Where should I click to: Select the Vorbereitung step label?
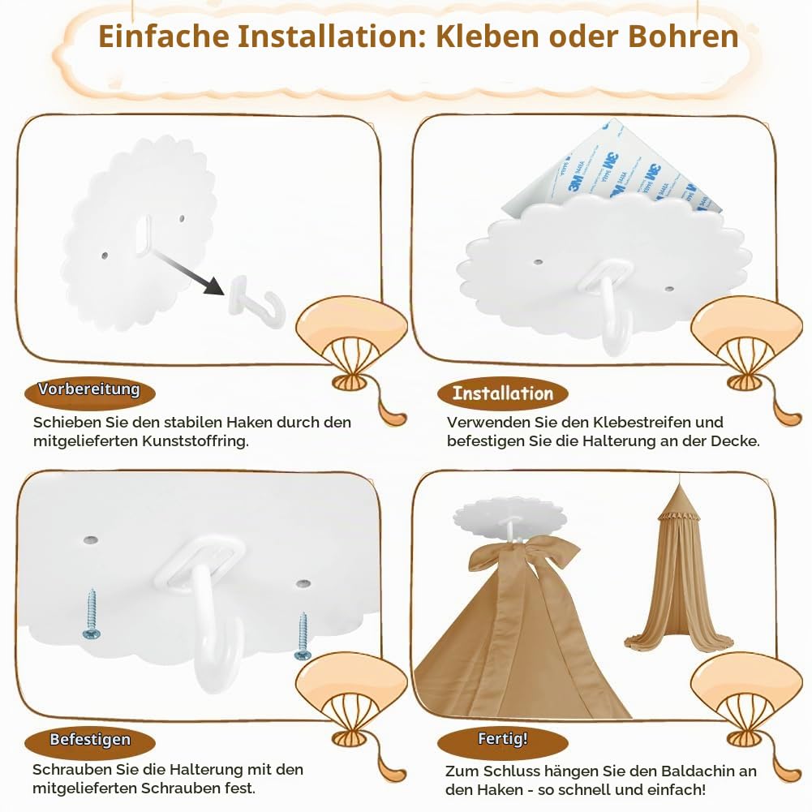click(89, 389)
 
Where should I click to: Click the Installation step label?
click(503, 393)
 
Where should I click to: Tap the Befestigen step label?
click(89, 740)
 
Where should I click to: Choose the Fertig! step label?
click(503, 739)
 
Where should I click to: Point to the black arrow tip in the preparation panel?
click(223, 294)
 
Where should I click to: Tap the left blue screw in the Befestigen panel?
click(92, 614)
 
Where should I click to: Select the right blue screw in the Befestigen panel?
click(303, 636)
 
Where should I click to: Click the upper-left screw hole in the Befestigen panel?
click(91, 540)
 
